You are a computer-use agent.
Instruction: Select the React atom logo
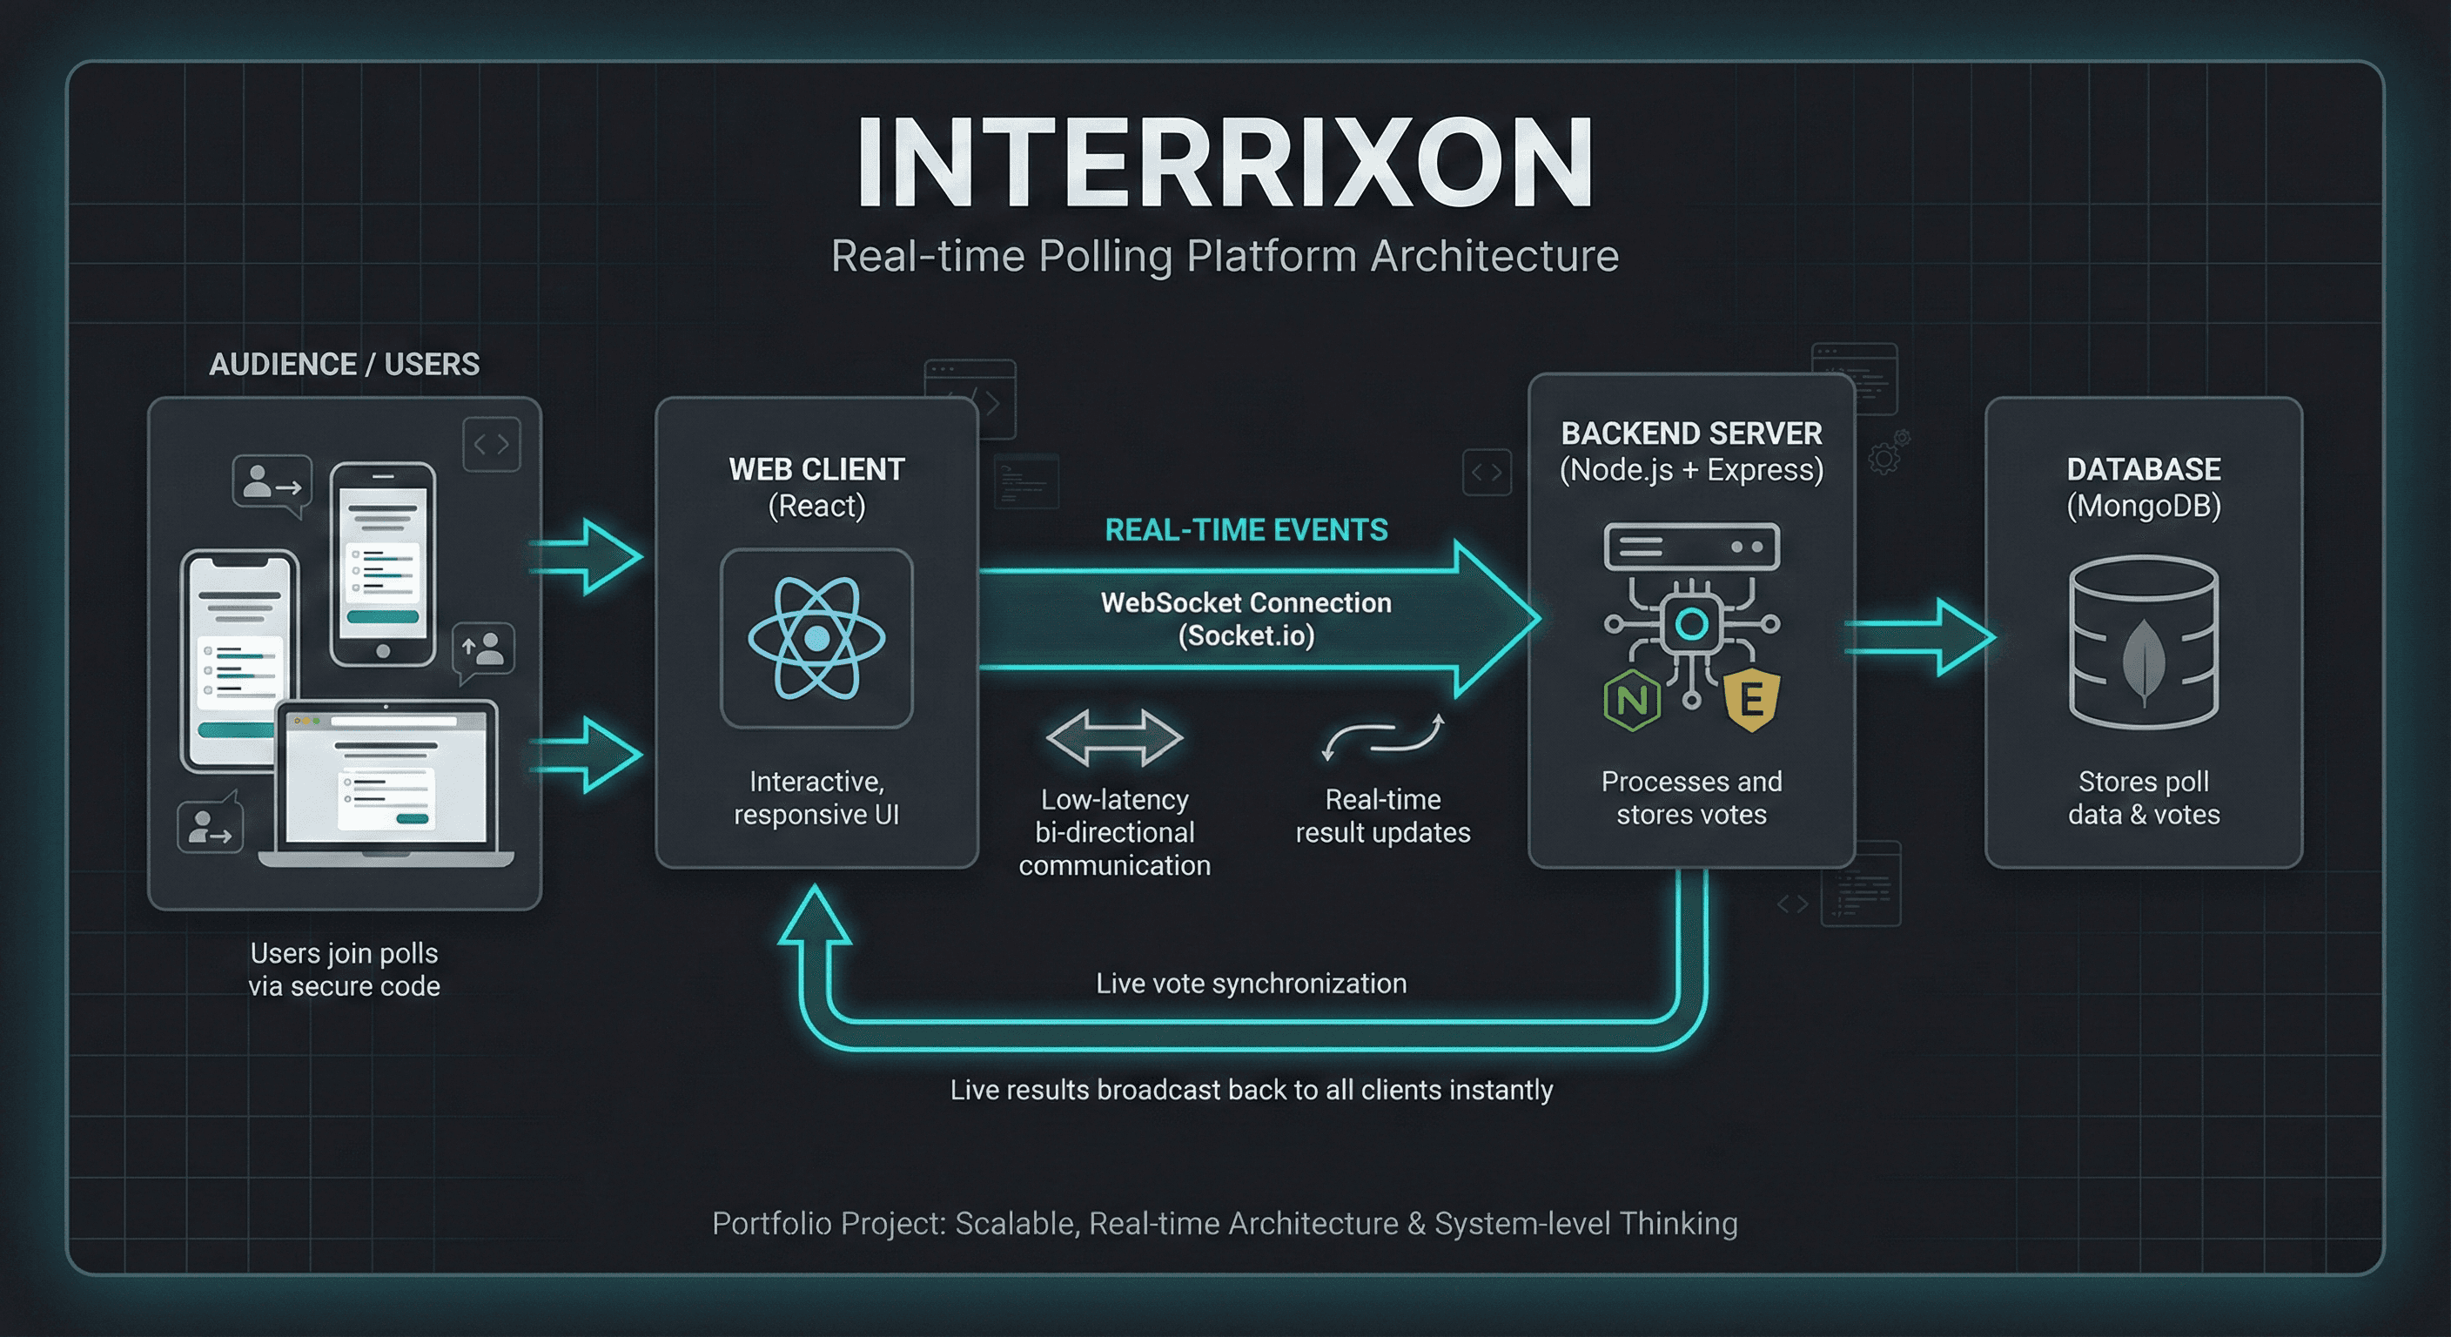tap(816, 637)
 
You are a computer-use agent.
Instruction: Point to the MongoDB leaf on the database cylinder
tap(2144, 662)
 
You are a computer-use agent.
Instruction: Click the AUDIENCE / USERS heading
tap(345, 365)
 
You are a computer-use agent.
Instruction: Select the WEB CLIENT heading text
tap(816, 469)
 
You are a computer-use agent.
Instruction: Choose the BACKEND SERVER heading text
tap(1692, 434)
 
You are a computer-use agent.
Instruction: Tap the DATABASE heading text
tap(2144, 469)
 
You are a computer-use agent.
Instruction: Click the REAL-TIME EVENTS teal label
tap(1246, 530)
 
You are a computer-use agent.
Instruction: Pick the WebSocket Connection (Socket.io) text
tap(1246, 619)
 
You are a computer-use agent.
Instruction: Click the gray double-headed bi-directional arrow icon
tap(1114, 737)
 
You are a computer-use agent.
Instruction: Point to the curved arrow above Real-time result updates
tap(1383, 737)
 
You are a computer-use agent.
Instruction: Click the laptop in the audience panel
tap(386, 785)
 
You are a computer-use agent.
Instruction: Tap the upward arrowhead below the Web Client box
tap(815, 916)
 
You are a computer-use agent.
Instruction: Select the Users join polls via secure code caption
tap(345, 970)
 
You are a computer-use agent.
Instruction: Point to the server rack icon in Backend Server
tap(1692, 548)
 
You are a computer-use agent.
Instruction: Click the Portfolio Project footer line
tap(1225, 1223)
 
